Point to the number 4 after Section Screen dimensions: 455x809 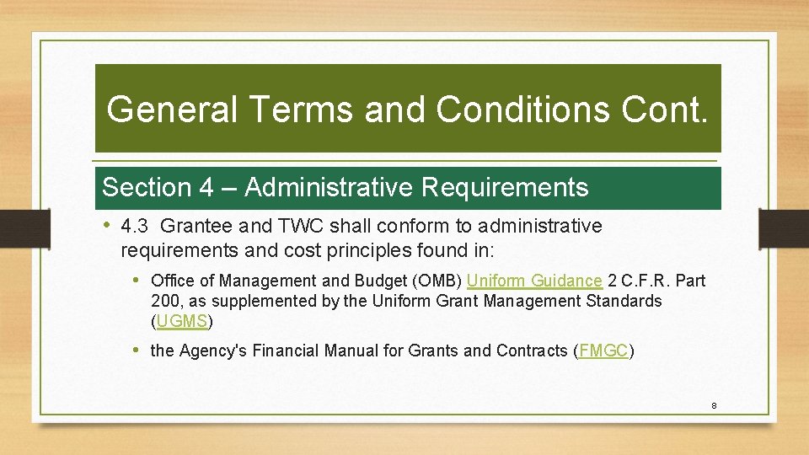coord(206,187)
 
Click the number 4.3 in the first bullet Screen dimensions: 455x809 coord(134,226)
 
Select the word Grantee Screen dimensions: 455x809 coord(193,226)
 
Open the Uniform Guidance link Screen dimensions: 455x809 coord(533,281)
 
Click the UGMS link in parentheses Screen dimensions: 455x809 coord(182,321)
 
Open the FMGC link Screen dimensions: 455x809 coord(603,351)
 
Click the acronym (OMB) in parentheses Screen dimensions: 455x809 coord(438,281)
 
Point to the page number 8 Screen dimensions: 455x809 coord(714,406)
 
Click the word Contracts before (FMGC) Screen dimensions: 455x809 coord(533,351)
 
